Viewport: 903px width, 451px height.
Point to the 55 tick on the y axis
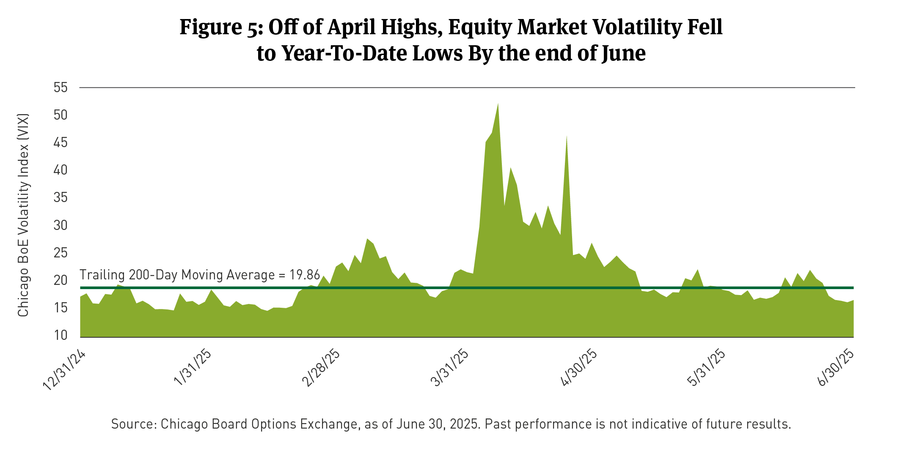click(61, 88)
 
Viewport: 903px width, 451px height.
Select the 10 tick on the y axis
click(61, 335)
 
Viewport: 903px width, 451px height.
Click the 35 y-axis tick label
click(61, 198)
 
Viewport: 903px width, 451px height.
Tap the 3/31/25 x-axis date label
click(450, 368)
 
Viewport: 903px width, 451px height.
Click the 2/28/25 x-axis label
click(321, 368)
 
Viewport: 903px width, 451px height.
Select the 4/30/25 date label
click(579, 368)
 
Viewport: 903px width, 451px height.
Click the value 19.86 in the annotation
click(305, 275)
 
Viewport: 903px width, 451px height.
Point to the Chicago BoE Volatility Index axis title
click(23, 215)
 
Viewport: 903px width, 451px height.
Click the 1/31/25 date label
click(193, 368)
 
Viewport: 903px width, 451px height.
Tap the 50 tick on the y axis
click(61, 115)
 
